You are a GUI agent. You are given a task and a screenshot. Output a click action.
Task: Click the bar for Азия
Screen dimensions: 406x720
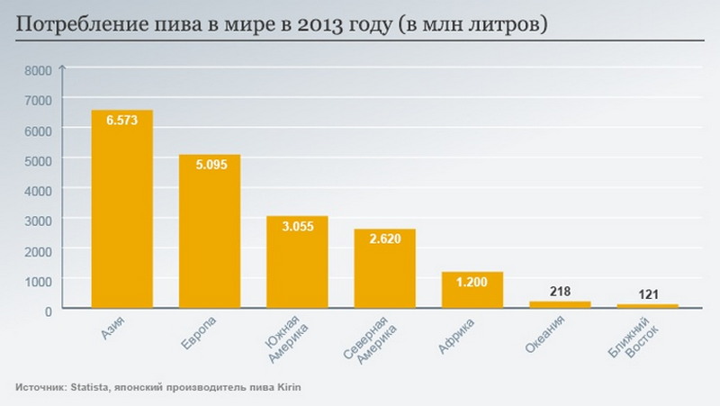click(x=121, y=216)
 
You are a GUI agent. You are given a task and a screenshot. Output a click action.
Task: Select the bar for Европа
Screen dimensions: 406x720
click(x=209, y=239)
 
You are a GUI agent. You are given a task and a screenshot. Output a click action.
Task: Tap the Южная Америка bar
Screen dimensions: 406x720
click(x=296, y=266)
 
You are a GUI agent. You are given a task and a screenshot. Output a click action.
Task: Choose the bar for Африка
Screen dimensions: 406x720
click(x=472, y=293)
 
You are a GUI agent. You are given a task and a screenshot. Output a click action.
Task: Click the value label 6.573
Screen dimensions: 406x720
click(x=121, y=121)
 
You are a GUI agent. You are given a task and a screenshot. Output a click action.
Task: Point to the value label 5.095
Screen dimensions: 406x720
click(x=209, y=165)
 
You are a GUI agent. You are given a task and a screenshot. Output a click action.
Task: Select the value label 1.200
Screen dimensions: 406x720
click(x=472, y=282)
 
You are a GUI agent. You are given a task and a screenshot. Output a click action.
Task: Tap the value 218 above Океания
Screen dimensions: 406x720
click(x=559, y=292)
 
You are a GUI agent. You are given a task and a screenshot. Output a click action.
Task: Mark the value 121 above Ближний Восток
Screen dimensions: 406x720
click(x=646, y=294)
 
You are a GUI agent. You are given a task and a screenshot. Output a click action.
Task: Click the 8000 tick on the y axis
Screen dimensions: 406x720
click(x=38, y=69)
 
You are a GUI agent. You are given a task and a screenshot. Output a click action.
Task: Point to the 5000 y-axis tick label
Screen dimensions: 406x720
click(x=38, y=159)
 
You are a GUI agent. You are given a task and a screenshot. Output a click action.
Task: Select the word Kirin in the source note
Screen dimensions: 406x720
click(x=287, y=387)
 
